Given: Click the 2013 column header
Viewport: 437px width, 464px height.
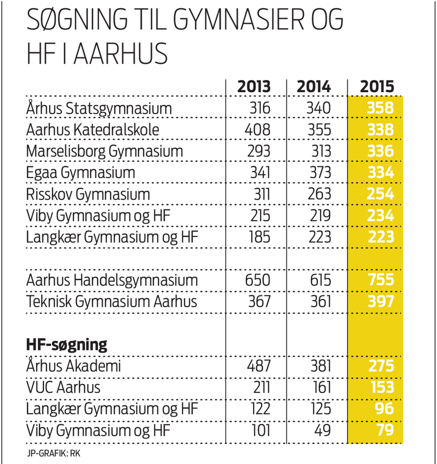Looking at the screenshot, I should point(254,86).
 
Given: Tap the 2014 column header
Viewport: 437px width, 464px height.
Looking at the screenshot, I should point(314,86).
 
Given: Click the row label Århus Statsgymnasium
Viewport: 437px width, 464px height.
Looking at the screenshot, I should point(99,108).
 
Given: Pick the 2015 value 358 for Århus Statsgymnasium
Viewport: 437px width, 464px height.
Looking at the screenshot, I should point(381,108).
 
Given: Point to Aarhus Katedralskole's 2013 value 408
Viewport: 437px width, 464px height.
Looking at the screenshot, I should point(257,130).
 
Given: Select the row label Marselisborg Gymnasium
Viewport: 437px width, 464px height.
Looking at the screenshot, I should point(104,151).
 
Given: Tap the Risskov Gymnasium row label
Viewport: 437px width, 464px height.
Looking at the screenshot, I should point(88,195).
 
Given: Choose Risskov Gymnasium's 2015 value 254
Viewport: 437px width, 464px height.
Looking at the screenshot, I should point(381,195).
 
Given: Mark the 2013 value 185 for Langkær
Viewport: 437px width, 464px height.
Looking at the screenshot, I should point(260,237).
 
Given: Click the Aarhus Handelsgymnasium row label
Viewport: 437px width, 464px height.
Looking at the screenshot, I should point(112,280).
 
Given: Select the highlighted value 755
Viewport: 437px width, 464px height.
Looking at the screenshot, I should point(381,280).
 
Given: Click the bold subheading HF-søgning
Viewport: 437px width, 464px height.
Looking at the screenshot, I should point(66,345).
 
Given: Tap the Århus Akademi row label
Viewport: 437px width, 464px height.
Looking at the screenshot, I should point(74,366).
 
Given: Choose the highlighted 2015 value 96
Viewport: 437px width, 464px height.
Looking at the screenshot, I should point(385,409).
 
